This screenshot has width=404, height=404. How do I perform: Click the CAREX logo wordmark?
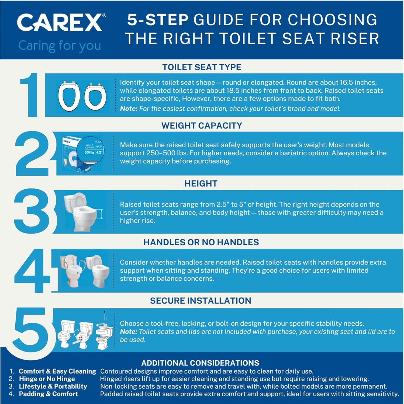pos(60,23)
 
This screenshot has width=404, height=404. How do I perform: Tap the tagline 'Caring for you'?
pos(60,46)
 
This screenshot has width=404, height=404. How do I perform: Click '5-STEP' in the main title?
pos(157,20)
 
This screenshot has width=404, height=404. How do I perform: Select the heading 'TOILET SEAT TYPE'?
pos(202,67)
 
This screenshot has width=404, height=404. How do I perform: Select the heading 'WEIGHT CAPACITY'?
pos(202,126)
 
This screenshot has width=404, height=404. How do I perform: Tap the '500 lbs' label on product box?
pos(89,152)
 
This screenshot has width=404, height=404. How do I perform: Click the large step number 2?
pos(32,154)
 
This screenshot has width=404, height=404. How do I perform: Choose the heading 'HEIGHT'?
pos(201,184)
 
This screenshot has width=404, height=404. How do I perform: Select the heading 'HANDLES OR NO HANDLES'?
pos(201,242)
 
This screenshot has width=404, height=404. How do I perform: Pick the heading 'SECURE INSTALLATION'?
pos(201,301)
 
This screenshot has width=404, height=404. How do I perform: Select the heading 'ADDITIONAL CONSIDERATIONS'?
pos(200,363)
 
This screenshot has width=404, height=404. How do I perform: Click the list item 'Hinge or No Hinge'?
pos(47,379)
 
